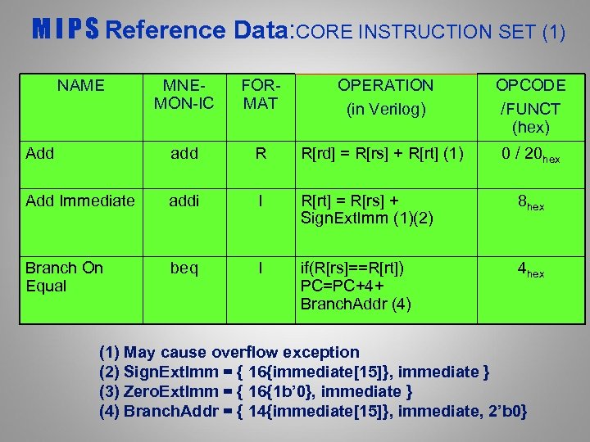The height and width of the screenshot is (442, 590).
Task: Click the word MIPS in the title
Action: click(x=66, y=31)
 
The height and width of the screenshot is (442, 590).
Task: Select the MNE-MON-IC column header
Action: click(x=184, y=94)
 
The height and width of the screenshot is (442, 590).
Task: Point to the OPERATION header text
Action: click(x=385, y=85)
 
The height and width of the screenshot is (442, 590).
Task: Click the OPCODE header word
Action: click(x=530, y=85)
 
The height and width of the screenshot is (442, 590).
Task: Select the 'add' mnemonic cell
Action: click(x=184, y=153)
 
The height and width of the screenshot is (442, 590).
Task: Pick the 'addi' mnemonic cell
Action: click(x=184, y=201)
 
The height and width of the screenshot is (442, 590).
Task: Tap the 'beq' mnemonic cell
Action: click(x=184, y=268)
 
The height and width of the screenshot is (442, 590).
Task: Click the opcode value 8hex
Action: click(x=530, y=202)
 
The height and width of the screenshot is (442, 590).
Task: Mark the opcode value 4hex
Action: click(x=530, y=269)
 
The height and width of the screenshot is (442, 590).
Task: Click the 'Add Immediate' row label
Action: click(x=79, y=201)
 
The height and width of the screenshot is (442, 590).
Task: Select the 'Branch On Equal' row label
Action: click(x=63, y=277)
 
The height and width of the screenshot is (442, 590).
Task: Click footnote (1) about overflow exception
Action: click(x=229, y=352)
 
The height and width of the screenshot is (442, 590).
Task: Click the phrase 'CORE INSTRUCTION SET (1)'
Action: click(x=429, y=33)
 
